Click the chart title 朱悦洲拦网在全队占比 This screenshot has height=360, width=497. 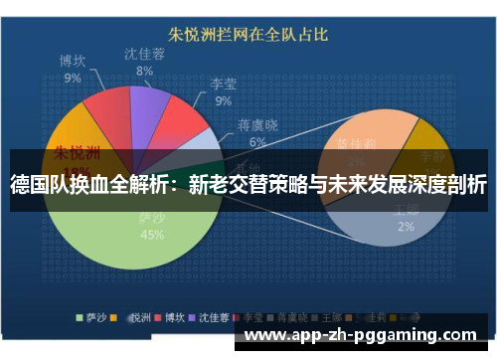pyautogui.click(x=248, y=35)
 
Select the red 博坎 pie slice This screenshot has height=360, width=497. pyautogui.click(x=104, y=117)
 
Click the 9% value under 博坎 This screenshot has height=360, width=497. pyautogui.click(x=73, y=77)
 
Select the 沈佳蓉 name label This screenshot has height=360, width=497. pyautogui.click(x=144, y=54)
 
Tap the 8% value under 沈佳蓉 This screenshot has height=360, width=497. pyautogui.click(x=144, y=71)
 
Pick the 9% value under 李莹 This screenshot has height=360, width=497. pyautogui.click(x=224, y=100)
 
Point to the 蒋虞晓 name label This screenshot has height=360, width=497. pyautogui.click(x=257, y=126)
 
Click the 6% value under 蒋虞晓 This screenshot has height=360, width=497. pyautogui.click(x=257, y=142)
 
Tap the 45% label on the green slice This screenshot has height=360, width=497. pyautogui.click(x=152, y=235)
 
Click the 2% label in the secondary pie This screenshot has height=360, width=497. pyautogui.click(x=406, y=227)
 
